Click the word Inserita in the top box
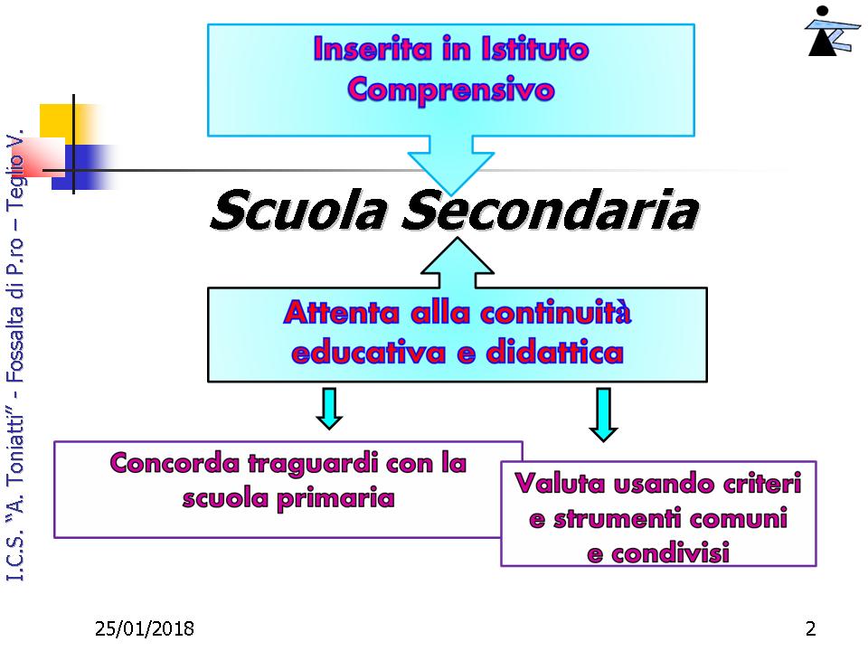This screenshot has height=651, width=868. [x=373, y=49]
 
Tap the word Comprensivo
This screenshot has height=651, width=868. [x=451, y=90]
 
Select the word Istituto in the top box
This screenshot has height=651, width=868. [x=534, y=49]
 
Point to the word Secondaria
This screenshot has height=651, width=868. [x=551, y=211]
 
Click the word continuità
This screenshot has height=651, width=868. [x=555, y=313]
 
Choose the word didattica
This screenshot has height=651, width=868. [x=554, y=354]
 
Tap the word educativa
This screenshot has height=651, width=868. [x=368, y=354]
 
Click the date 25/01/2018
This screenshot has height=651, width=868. [x=145, y=629]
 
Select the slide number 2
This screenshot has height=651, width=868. [x=810, y=629]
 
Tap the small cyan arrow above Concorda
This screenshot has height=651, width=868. [x=329, y=409]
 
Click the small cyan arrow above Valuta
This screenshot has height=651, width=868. [x=603, y=415]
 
